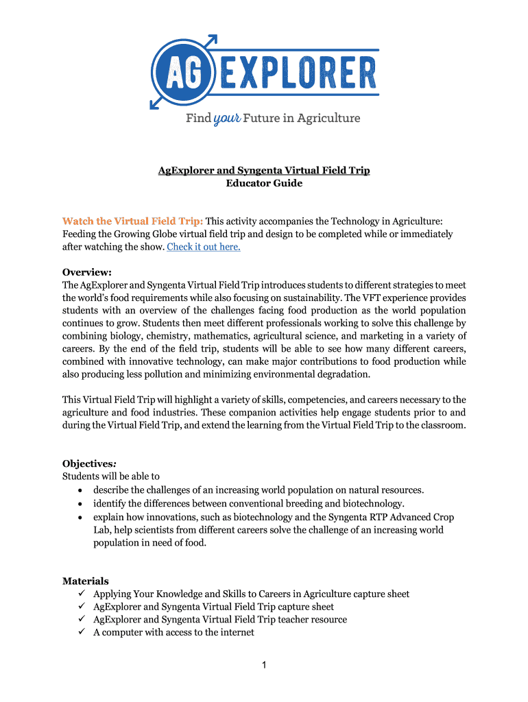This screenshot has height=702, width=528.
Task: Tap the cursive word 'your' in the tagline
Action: [227, 119]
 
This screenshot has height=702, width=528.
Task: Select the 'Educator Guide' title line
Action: [264, 183]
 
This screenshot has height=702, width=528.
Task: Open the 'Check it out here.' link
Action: [204, 247]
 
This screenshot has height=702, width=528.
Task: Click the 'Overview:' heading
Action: [87, 271]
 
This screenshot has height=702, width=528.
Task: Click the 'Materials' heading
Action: [86, 581]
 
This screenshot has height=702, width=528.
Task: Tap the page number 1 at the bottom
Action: [264, 664]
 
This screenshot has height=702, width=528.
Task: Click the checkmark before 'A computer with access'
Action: [82, 632]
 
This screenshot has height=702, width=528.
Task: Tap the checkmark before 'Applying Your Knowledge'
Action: [82, 594]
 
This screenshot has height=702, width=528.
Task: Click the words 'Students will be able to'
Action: [111, 476]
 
